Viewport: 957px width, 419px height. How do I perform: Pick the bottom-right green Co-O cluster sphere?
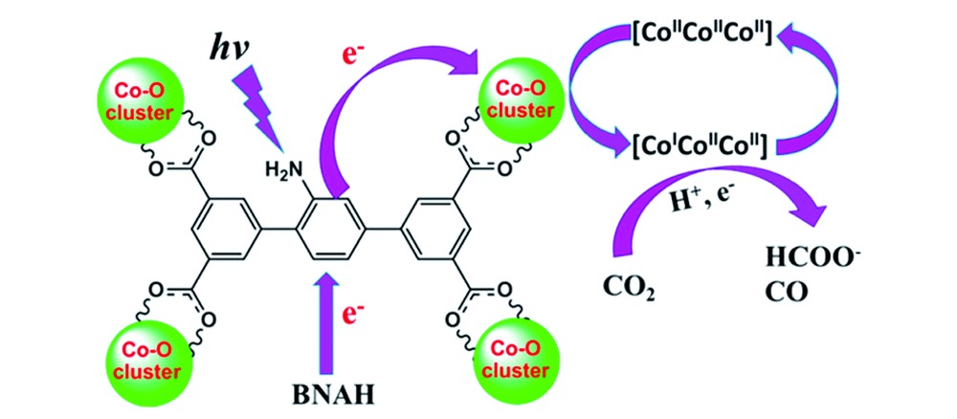pos(514,354)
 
